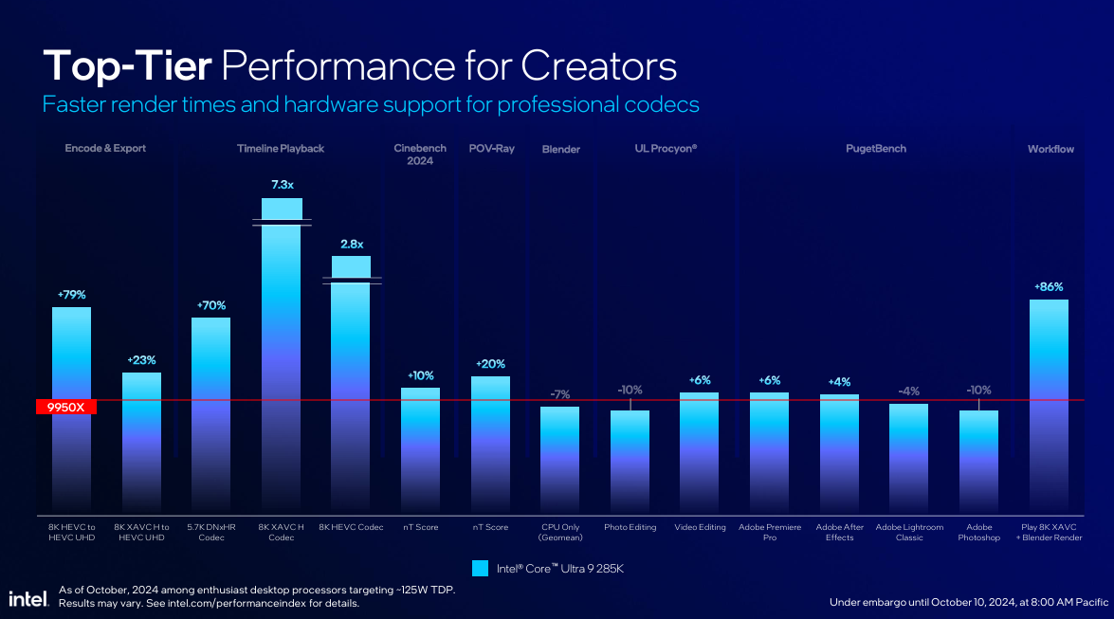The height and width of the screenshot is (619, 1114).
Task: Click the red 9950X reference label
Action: pyautogui.click(x=66, y=408)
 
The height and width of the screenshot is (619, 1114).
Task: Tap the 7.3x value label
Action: pyautogui.click(x=282, y=185)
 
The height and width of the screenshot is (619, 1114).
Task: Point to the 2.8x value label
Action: pyautogui.click(x=352, y=244)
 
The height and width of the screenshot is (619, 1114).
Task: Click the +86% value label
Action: pyautogui.click(x=1049, y=287)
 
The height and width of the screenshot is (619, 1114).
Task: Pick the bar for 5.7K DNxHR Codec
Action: pyautogui.click(x=211, y=414)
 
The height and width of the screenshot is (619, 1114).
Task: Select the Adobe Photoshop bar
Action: pyautogui.click(x=978, y=461)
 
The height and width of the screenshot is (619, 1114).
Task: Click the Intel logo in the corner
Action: pyautogui.click(x=28, y=598)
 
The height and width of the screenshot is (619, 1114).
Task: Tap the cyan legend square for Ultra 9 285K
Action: pyautogui.click(x=481, y=569)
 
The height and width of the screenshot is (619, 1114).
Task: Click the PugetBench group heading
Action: pyautogui.click(x=875, y=149)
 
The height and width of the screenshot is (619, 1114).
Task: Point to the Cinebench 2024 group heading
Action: pyautogui.click(x=420, y=155)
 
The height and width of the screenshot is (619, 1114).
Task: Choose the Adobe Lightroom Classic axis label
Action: pyautogui.click(x=909, y=533)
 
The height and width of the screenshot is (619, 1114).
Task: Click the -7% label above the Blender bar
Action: pyautogui.click(x=559, y=394)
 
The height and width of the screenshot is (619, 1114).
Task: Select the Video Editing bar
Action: pyautogui.click(x=699, y=452)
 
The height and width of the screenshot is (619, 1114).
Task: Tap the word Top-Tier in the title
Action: pyautogui.click(x=127, y=66)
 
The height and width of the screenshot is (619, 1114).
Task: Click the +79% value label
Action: pyautogui.click(x=72, y=295)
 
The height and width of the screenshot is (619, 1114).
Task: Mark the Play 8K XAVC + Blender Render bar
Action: pyautogui.click(x=1049, y=406)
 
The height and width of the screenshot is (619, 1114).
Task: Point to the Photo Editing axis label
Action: pyautogui.click(x=630, y=527)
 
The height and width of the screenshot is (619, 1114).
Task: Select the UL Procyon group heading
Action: pyautogui.click(x=666, y=149)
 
